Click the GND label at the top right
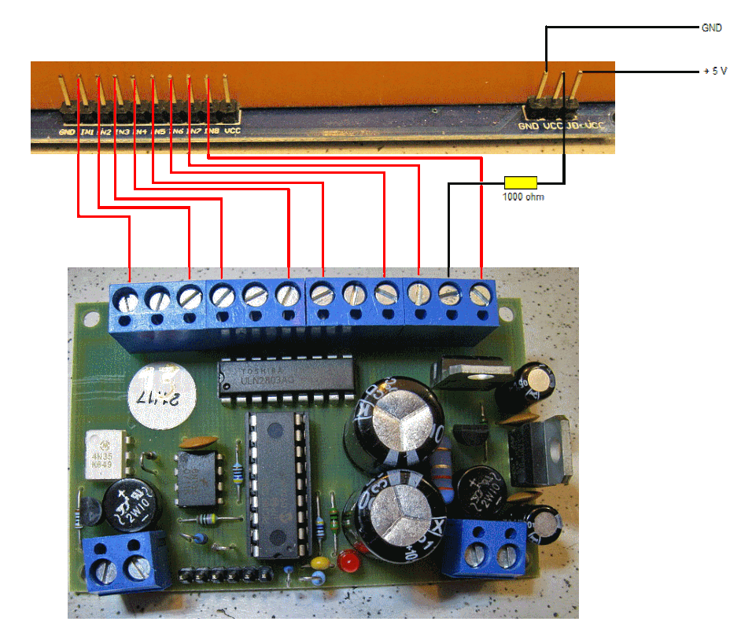click(711, 28)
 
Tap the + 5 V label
click(714, 72)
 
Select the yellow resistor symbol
click(521, 182)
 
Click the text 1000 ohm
click(523, 197)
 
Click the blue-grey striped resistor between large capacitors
click(445, 472)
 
